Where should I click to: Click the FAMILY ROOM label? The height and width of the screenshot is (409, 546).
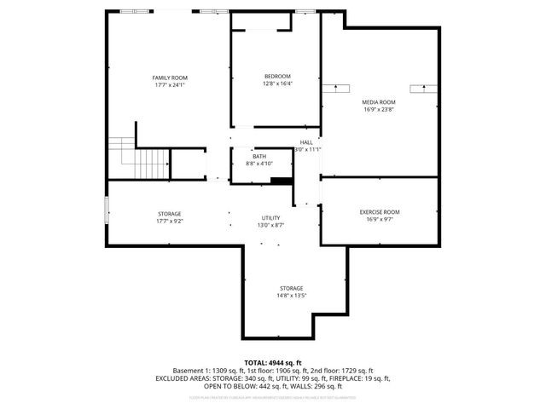(x=170, y=78)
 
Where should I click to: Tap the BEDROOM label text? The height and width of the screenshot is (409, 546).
(x=277, y=77)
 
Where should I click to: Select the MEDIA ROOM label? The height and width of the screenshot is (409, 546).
(x=379, y=101)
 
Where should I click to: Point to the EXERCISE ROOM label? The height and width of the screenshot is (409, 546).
(x=379, y=211)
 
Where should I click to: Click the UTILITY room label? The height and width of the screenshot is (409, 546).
(x=271, y=219)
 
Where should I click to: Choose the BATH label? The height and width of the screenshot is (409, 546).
(x=258, y=157)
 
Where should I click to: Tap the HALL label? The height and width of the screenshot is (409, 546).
(x=306, y=142)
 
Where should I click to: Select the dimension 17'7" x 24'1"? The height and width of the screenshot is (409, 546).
(x=170, y=85)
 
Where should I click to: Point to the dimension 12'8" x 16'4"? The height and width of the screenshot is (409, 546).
(x=277, y=84)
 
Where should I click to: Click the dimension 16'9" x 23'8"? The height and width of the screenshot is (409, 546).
(x=379, y=109)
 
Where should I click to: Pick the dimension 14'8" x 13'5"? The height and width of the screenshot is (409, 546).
(x=292, y=296)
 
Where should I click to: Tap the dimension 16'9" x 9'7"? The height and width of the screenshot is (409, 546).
(x=379, y=219)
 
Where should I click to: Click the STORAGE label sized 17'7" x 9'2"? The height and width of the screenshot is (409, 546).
(x=169, y=213)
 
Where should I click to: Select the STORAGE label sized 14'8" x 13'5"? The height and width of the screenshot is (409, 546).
(x=292, y=288)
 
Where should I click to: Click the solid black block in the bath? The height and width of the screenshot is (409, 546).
(x=280, y=180)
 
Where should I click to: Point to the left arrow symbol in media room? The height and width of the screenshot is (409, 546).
(x=337, y=88)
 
